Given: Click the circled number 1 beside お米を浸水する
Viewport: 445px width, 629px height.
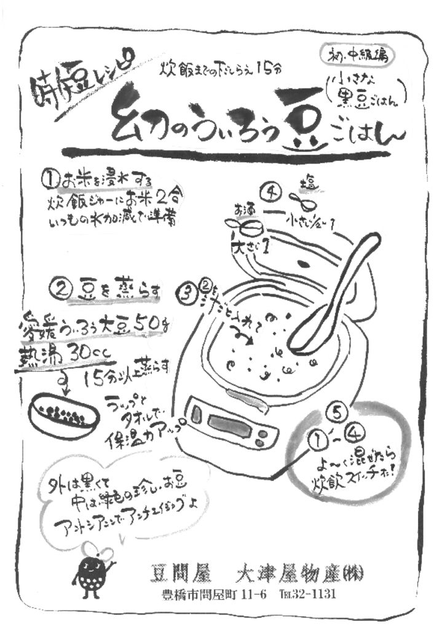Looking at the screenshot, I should (x=50, y=179).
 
